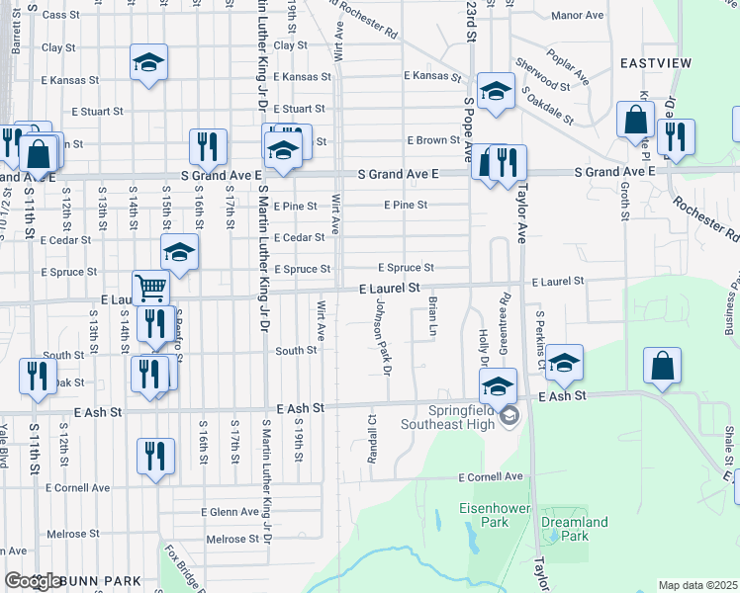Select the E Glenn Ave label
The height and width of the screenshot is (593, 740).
click(x=230, y=512)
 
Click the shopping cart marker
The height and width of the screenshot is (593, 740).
click(x=150, y=287)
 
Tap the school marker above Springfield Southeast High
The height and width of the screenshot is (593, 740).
click(x=500, y=384)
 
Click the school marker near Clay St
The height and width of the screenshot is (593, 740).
click(x=147, y=64)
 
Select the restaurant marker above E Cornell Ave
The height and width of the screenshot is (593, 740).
click(x=155, y=456)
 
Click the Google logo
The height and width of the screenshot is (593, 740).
click(x=33, y=581)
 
